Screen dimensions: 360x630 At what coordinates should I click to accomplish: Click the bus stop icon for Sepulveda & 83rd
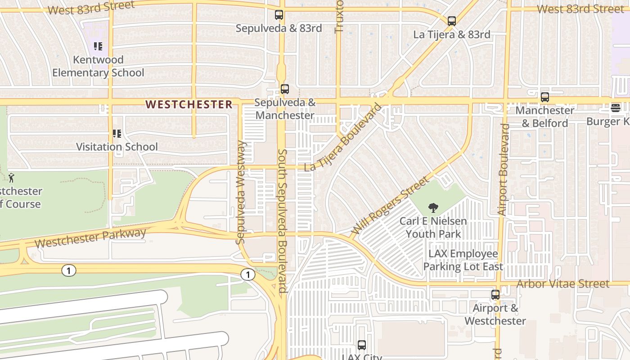tap(279, 15)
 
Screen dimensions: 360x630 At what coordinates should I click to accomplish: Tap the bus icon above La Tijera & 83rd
tap(452, 21)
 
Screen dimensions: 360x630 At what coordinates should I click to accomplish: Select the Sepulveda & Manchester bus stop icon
tap(284, 89)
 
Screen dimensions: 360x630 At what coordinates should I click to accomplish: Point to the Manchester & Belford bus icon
tap(544, 97)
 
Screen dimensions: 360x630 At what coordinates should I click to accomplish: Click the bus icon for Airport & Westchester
tap(495, 295)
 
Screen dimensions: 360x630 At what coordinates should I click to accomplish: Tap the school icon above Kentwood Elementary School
tap(98, 46)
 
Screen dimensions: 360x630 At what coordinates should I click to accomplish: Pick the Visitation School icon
tap(117, 134)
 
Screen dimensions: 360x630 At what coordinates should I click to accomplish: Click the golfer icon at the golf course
tap(11, 177)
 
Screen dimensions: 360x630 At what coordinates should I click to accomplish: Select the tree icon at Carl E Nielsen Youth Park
tap(433, 207)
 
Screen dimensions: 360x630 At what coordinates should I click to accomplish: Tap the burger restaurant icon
tap(615, 108)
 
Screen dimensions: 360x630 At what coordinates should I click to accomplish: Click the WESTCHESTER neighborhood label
tap(189, 104)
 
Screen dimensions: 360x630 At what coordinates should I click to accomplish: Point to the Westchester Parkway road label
tap(90, 238)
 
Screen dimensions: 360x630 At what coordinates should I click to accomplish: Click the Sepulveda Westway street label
tap(241, 192)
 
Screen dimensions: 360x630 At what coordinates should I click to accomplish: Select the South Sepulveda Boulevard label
tap(282, 221)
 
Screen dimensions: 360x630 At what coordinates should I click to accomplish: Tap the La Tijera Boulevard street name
tap(343, 137)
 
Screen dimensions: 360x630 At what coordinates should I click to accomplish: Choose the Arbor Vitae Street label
tap(562, 284)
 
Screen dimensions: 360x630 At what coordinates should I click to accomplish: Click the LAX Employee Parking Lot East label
tap(463, 260)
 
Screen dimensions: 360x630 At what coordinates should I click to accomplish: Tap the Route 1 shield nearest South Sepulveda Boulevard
tap(247, 274)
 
